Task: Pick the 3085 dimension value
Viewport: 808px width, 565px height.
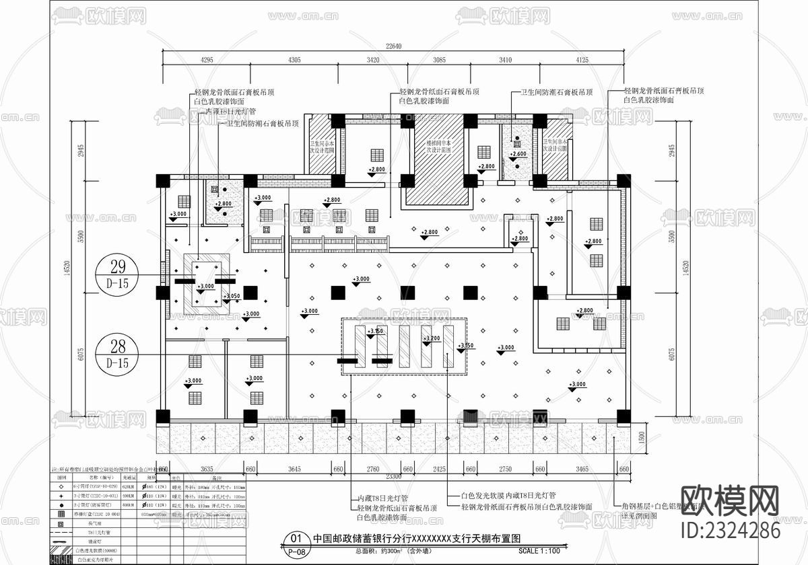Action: (x=439, y=60)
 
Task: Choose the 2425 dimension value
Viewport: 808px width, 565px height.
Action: (x=439, y=469)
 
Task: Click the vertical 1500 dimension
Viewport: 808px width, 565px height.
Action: (x=641, y=437)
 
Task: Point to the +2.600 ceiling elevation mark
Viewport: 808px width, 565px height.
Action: (x=518, y=155)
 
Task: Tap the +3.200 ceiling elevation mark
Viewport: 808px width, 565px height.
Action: (x=431, y=338)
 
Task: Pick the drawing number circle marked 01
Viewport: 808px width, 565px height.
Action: (x=295, y=539)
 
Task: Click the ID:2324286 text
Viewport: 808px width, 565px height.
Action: (x=730, y=531)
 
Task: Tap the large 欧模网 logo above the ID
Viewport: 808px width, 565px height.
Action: (x=730, y=500)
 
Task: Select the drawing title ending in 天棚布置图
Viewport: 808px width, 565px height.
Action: (x=417, y=539)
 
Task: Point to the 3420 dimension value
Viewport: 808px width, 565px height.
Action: (x=372, y=60)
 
